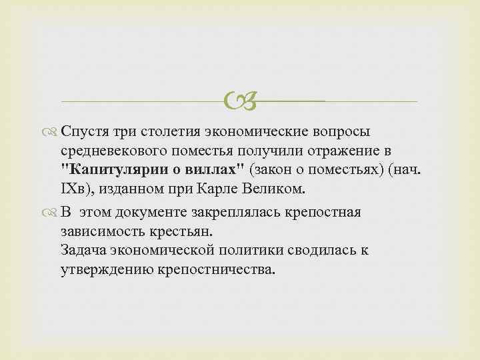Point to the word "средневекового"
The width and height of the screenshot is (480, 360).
[117, 151]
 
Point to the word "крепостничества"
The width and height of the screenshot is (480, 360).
[219, 269]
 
